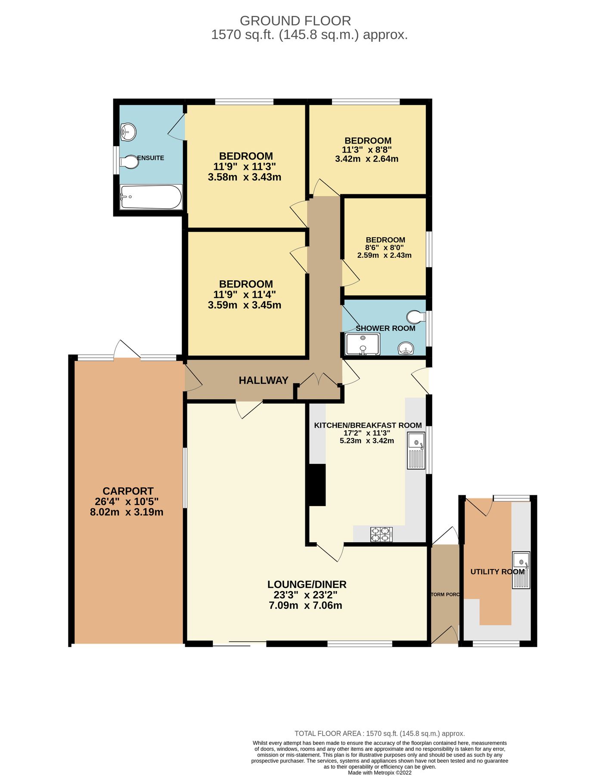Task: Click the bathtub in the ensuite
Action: tap(151, 197)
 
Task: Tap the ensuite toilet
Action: tap(129, 162)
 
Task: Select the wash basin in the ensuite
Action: tap(128, 131)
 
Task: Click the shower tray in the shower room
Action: tap(363, 344)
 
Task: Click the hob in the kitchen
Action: tap(382, 534)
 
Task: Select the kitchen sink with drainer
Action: tap(416, 451)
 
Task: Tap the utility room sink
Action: tap(521, 570)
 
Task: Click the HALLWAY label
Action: tap(264, 380)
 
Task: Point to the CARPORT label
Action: tap(128, 491)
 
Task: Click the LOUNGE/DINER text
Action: tap(307, 585)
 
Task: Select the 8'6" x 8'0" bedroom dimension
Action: tap(385, 247)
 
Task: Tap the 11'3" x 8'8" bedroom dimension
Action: tap(367, 150)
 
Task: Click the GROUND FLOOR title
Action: tap(295, 21)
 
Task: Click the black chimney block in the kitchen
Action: tap(316, 485)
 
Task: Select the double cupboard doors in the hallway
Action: tap(319, 379)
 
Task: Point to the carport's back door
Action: tap(127, 350)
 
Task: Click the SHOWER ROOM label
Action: tap(385, 329)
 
